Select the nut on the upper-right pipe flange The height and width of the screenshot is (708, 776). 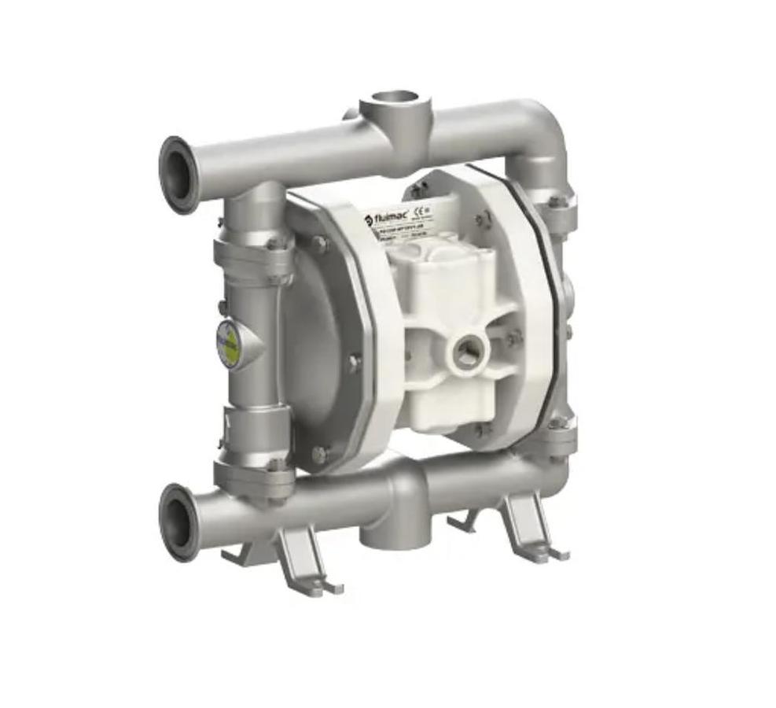coord(556,201)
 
